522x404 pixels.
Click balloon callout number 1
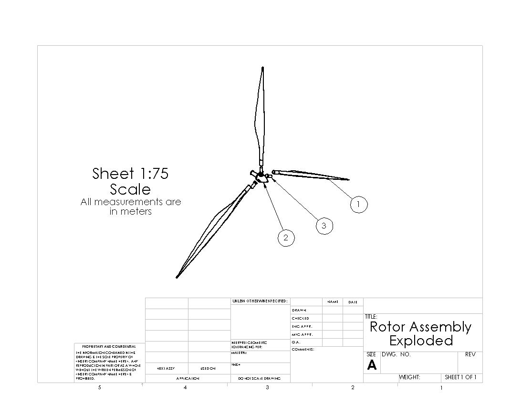[359, 205]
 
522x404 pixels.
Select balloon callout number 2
[286, 238]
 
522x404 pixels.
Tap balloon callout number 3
[324, 226]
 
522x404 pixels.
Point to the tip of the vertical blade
[263, 68]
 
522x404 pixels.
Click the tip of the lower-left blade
[177, 276]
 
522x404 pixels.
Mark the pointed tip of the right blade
[348, 180]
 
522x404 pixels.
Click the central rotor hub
[261, 178]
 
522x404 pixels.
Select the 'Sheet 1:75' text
[130, 174]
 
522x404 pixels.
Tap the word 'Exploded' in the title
[421, 341]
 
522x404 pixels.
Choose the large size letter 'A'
[372, 366]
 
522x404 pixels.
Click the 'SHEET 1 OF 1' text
[460, 377]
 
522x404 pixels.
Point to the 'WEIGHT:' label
[409, 377]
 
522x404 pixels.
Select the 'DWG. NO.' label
[396, 354]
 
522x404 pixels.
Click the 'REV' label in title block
[470, 354]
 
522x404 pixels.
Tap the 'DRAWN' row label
[299, 310]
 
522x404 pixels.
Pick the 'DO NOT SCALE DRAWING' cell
[261, 378]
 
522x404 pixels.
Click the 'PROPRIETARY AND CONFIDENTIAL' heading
[109, 346]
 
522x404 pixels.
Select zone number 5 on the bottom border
[100, 388]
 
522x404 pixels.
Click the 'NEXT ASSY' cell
[166, 368]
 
